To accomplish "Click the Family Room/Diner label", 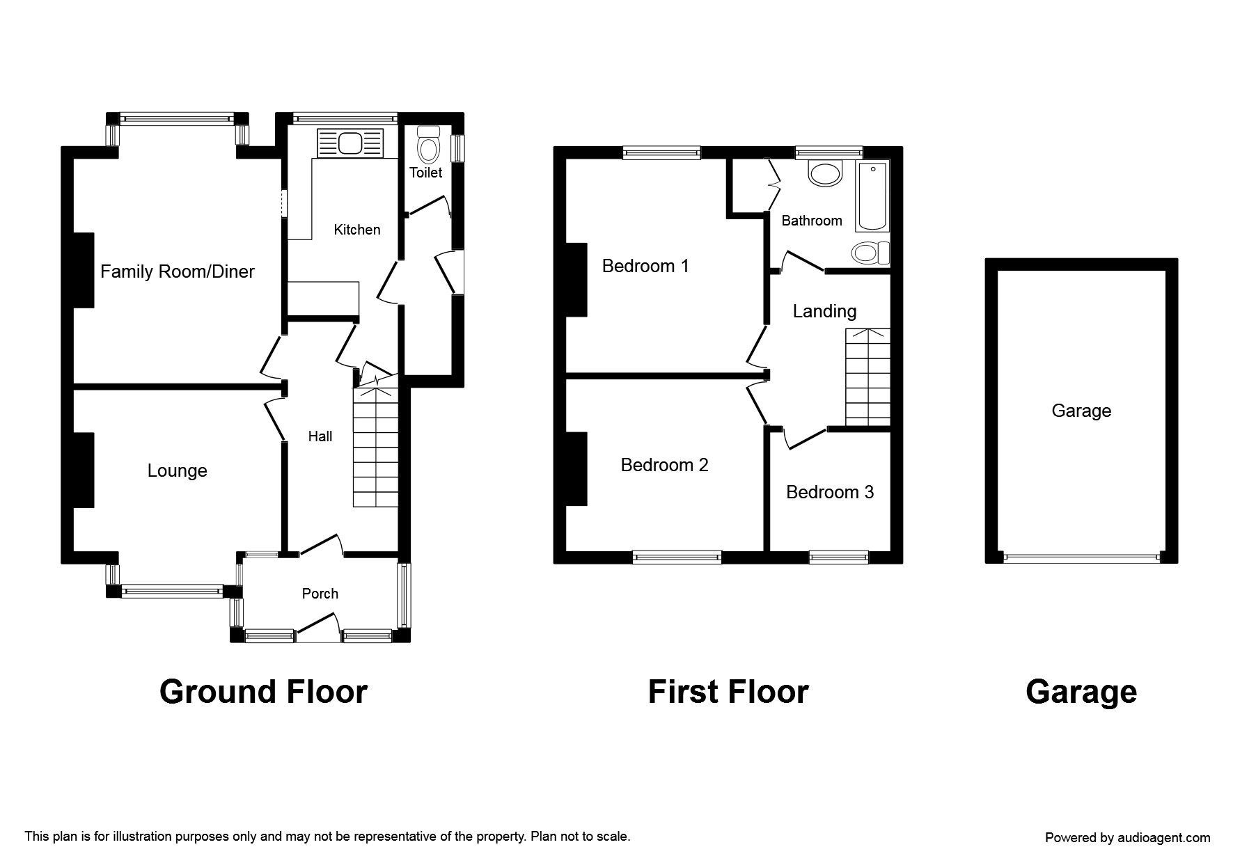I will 178,271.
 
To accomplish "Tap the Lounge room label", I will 177,470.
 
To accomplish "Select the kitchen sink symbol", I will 350,143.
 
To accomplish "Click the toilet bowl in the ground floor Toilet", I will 427,148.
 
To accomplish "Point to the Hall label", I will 320,436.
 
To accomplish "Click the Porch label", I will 320,594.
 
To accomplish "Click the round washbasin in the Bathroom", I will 826,173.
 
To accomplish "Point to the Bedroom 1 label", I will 645,266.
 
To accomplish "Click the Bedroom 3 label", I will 829,492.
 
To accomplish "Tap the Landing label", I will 824,311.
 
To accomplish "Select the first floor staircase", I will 867,377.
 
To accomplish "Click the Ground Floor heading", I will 263,692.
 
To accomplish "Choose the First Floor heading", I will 728,692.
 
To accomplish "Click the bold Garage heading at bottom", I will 1081,692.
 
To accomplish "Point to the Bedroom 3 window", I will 838,555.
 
